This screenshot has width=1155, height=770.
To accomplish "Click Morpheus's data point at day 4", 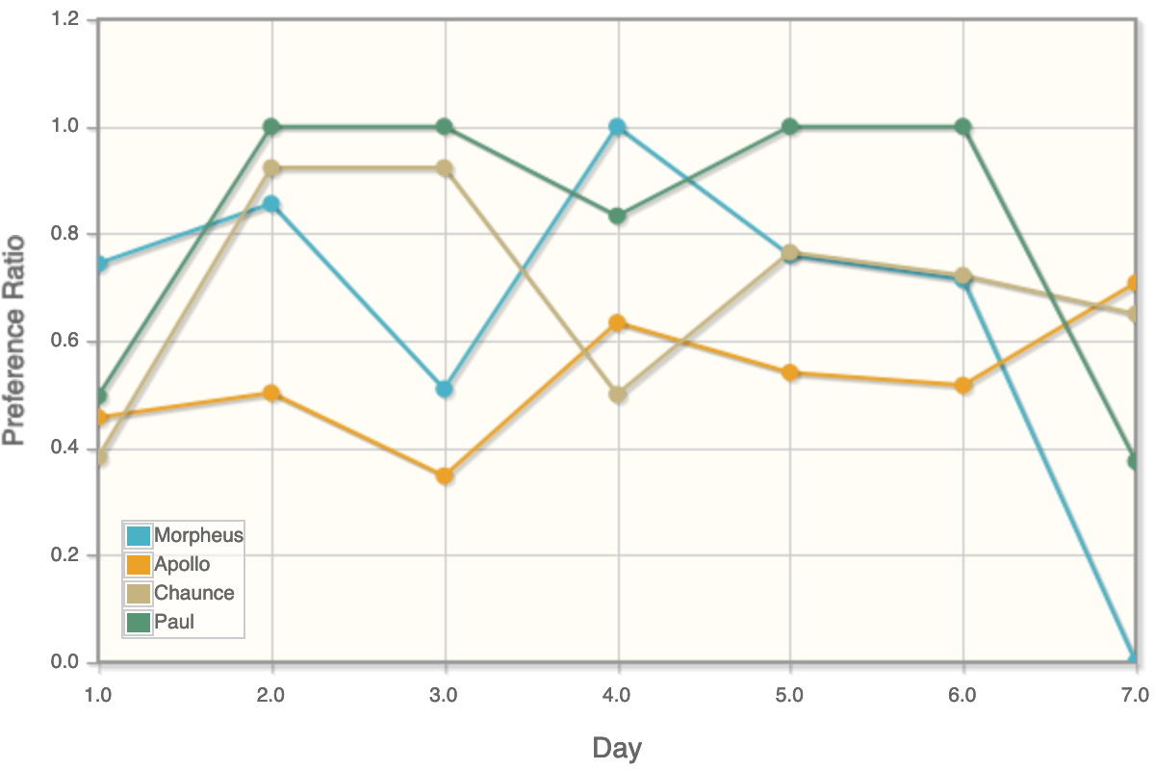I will [617, 127].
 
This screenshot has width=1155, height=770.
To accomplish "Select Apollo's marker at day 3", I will [444, 475].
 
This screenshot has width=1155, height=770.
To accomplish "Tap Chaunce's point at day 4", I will [617, 395].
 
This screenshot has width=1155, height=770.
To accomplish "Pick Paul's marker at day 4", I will [617, 216].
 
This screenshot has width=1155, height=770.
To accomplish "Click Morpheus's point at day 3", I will [444, 389].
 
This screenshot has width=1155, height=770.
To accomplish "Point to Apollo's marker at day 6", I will [962, 385].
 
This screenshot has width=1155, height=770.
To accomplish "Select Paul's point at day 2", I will [271, 127].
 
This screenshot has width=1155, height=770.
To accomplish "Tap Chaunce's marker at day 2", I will [271, 168].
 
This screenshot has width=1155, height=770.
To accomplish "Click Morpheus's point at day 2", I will [271, 204].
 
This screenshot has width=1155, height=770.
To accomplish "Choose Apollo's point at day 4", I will [617, 322].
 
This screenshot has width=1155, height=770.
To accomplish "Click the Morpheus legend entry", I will [198, 535].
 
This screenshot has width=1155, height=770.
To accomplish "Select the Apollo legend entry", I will [182, 564].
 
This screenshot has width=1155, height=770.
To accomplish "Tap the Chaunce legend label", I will [193, 593].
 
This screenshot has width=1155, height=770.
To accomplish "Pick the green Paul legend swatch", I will [140, 622].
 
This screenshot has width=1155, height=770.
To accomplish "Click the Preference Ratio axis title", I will [13, 341].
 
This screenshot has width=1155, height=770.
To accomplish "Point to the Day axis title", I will [616, 748].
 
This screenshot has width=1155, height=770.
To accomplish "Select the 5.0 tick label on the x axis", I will [789, 693].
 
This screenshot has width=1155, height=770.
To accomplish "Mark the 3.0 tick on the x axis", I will [444, 693].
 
